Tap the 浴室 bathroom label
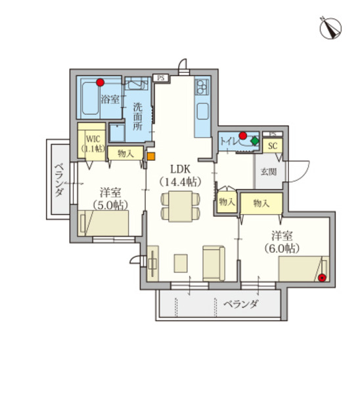(x=110, y=99)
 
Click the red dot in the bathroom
(x=100, y=83)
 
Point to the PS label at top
(x=161, y=78)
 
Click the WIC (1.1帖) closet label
(x=92, y=143)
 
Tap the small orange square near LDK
(x=150, y=156)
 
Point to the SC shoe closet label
(x=273, y=146)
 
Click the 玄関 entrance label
(x=268, y=172)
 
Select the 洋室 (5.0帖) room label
(x=110, y=198)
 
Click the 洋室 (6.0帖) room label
(x=282, y=242)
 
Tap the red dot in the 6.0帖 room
(x=322, y=278)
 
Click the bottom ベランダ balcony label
(x=239, y=305)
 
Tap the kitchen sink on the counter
(x=202, y=109)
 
